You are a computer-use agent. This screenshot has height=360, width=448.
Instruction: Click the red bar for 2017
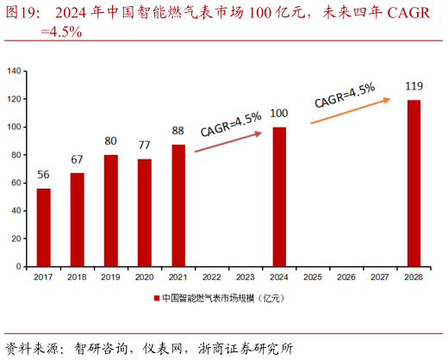point(43,227)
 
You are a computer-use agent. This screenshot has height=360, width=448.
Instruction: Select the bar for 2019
point(111,211)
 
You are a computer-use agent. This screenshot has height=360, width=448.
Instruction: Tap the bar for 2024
point(279,197)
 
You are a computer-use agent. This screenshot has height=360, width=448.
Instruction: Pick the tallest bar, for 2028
point(414,183)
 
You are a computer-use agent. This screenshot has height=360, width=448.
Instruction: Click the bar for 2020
point(145,213)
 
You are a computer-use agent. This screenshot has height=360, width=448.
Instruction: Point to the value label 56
point(43,176)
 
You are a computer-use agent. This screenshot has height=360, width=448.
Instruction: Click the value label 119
point(414,85)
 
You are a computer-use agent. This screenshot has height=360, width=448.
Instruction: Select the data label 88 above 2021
point(178,131)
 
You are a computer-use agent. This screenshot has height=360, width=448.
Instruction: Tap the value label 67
point(77,159)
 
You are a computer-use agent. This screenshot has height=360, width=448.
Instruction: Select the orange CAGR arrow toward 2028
point(349,111)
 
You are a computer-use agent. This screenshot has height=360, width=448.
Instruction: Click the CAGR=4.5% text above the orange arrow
point(344,94)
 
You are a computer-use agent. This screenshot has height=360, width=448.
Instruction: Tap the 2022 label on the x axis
point(212,276)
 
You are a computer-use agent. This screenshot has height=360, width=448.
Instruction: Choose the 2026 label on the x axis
point(346,276)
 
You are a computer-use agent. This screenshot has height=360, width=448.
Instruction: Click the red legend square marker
point(157,298)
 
